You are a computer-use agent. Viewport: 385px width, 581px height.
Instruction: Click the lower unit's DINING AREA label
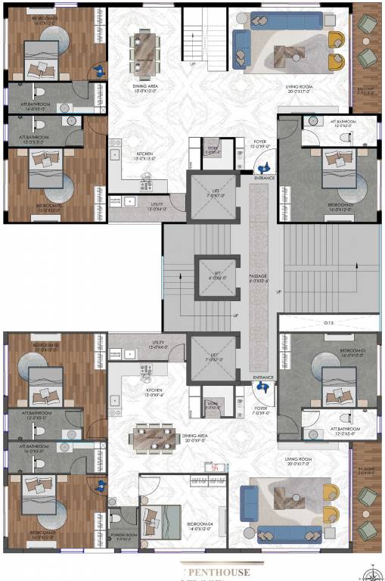[195, 436]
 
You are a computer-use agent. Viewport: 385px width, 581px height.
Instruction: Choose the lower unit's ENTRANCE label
[263, 376]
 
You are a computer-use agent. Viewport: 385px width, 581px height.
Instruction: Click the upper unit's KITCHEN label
[145, 155]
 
